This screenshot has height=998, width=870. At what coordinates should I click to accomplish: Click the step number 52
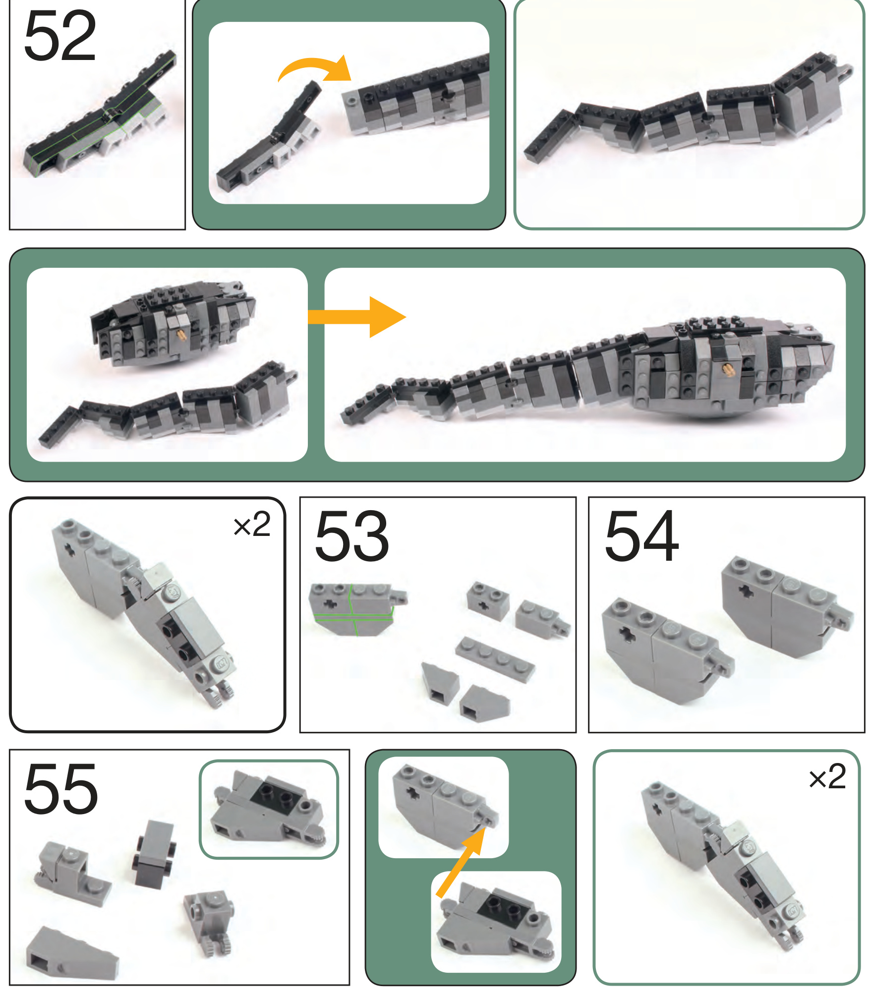(x=59, y=36)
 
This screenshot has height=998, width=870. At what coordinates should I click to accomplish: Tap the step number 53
(x=351, y=536)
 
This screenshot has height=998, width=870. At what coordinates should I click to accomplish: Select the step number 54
(x=641, y=536)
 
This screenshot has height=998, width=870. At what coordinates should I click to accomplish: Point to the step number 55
(x=60, y=789)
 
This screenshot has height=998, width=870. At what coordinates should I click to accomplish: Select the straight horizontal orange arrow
(x=357, y=317)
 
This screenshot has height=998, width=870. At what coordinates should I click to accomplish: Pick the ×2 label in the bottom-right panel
(x=827, y=776)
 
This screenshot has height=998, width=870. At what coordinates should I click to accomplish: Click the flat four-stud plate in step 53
(x=495, y=660)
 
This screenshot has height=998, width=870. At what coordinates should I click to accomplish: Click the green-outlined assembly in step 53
(x=357, y=609)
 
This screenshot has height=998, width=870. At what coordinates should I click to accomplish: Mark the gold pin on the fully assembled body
(x=728, y=368)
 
